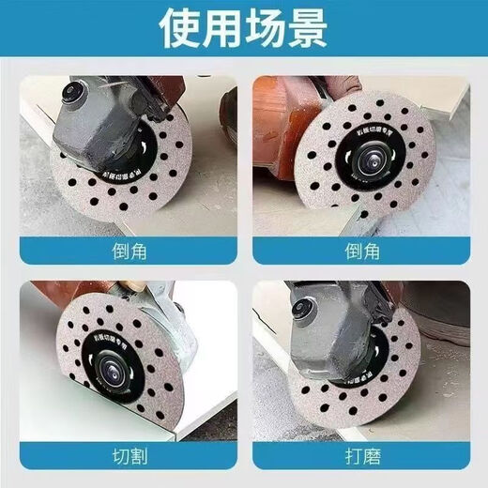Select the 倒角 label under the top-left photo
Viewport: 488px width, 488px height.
(x=127, y=251)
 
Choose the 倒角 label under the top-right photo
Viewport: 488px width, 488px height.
(x=361, y=251)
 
